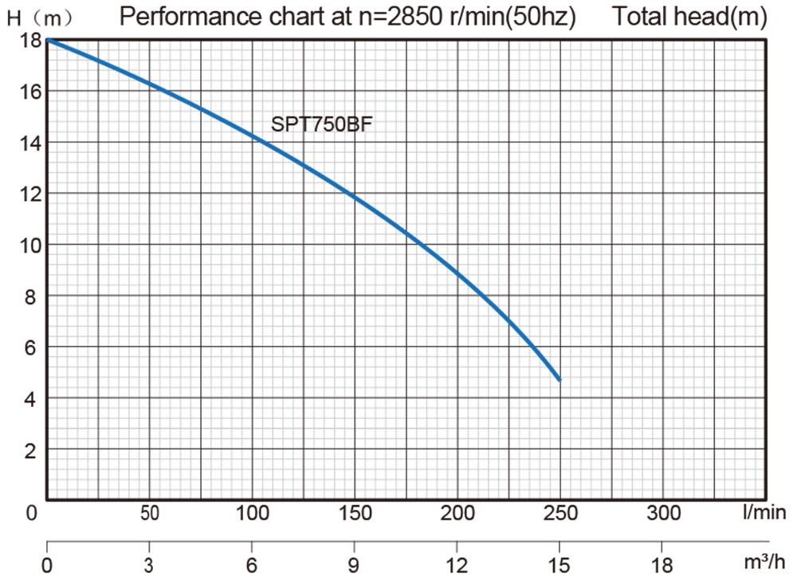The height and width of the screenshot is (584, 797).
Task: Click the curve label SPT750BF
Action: tap(322, 125)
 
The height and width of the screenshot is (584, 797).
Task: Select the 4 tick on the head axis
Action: tap(31, 398)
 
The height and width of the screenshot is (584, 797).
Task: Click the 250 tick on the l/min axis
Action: tap(560, 513)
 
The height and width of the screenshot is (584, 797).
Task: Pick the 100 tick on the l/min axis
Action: tap(253, 513)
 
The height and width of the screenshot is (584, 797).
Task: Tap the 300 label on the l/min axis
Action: tap(663, 513)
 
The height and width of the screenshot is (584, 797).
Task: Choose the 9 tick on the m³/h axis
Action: tap(355, 566)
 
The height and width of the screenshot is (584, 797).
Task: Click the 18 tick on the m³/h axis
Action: tap(662, 566)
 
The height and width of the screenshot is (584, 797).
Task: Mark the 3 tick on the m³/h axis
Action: tap(150, 566)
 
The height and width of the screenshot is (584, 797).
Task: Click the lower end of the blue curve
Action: tap(559, 379)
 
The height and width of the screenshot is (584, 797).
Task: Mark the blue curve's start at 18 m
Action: tap(48, 39)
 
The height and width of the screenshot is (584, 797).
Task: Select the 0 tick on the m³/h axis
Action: tap(48, 566)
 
